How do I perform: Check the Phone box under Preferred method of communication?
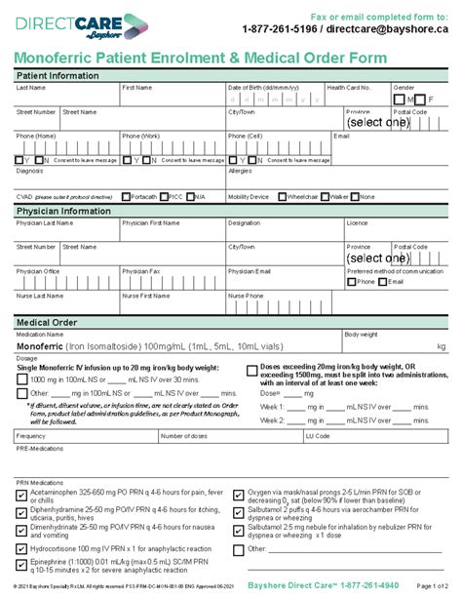[x=352, y=281]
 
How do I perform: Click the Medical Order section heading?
[x=52, y=322]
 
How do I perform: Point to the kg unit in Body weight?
[x=441, y=345]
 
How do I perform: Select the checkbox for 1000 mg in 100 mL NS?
[x=22, y=378]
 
